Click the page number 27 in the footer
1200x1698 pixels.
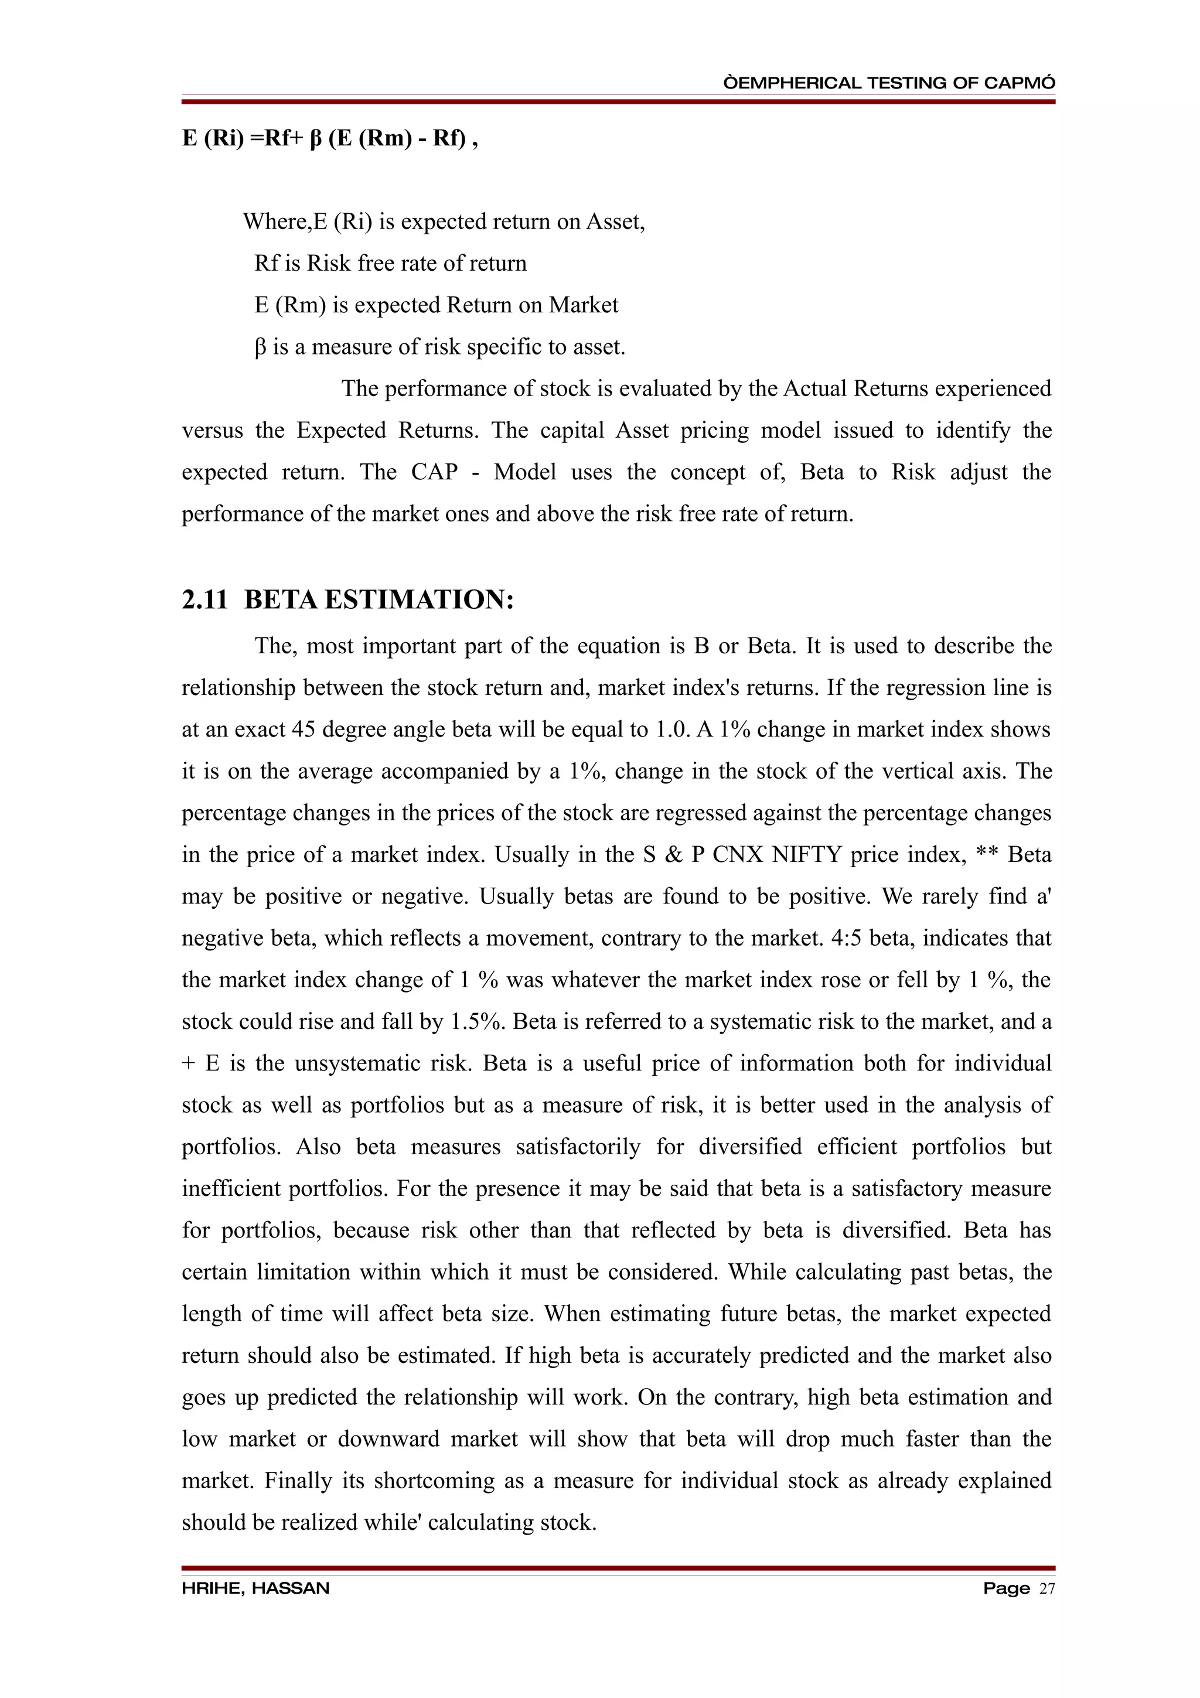tap(1047, 1588)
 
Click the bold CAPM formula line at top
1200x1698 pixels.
tap(330, 138)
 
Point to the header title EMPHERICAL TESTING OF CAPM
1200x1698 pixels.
tap(889, 83)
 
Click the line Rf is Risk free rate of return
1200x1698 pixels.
tap(390, 263)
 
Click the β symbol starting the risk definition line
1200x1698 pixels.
tap(260, 347)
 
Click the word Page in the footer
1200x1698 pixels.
tap(1005, 1588)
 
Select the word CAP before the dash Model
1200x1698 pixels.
tap(434, 472)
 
